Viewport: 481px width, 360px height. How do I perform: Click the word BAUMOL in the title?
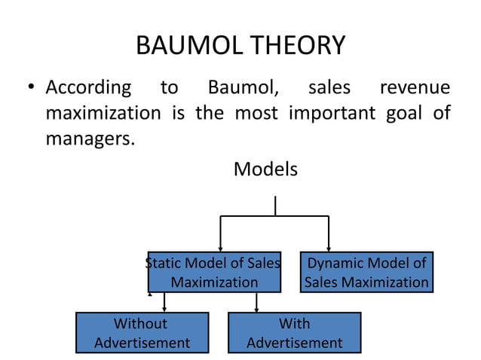click(185, 47)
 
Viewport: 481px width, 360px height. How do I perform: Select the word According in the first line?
click(88, 88)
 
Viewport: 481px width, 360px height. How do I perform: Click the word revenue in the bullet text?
click(415, 88)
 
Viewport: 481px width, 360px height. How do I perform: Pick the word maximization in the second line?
click(103, 114)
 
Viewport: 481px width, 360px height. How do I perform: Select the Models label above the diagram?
click(265, 169)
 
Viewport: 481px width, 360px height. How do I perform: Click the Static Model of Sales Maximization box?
click(214, 272)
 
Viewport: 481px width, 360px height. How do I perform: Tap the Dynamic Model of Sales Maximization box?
click(367, 272)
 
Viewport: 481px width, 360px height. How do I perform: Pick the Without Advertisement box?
click(142, 332)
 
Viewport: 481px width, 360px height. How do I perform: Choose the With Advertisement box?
click(294, 332)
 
